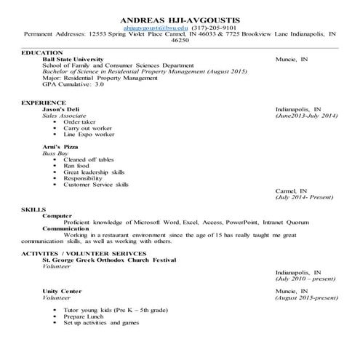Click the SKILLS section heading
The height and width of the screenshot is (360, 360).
[34, 209]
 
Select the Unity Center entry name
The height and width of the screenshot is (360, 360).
[62, 291]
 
